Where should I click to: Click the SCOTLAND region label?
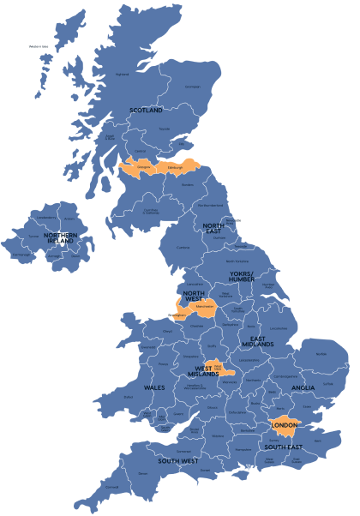(x=146, y=111)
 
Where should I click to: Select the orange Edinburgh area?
(x=177, y=167)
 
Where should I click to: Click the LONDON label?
(x=284, y=426)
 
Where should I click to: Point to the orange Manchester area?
(x=203, y=304)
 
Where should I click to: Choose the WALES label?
(x=154, y=388)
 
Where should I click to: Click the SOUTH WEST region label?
(x=178, y=462)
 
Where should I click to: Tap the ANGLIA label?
(x=303, y=387)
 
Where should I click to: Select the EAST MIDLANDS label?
(x=257, y=341)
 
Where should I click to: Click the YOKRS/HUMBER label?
(x=241, y=275)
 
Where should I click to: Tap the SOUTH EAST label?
(x=282, y=447)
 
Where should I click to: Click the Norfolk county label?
(x=321, y=352)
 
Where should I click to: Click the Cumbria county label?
(x=183, y=248)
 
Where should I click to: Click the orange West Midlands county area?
(x=218, y=368)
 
